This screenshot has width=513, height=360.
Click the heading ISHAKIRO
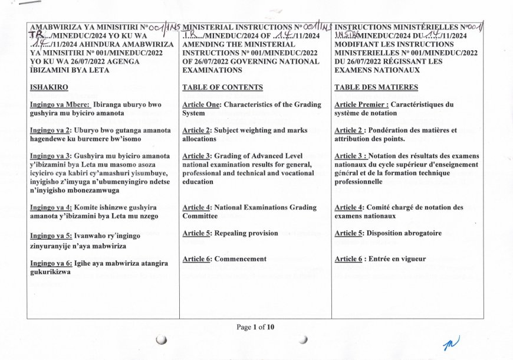(x=50, y=88)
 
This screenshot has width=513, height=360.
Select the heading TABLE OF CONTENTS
(x=223, y=88)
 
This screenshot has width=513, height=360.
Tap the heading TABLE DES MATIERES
(x=376, y=88)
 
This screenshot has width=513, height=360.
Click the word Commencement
(x=241, y=259)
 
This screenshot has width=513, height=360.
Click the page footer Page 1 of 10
(x=255, y=327)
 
